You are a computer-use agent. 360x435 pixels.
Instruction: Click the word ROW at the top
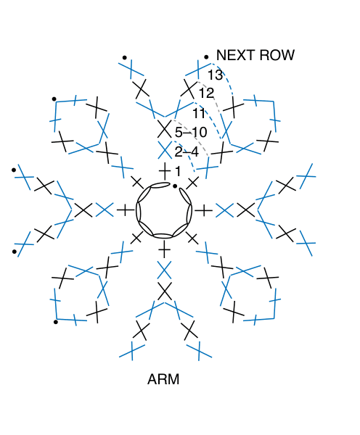277,55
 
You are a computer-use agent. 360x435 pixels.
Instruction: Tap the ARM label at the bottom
163,379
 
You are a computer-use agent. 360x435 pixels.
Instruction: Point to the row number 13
216,75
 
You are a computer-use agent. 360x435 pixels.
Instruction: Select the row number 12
206,94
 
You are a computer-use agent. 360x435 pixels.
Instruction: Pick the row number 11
199,113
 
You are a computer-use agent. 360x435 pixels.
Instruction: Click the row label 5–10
191,132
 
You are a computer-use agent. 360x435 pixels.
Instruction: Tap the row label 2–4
187,152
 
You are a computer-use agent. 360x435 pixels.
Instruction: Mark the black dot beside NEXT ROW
206,57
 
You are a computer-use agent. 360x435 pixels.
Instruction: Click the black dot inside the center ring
175,186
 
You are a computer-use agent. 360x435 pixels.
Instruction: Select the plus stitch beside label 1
165,171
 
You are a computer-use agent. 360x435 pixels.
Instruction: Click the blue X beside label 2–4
165,150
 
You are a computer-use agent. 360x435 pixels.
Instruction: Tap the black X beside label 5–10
164,129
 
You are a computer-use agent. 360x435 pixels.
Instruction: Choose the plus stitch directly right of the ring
204,210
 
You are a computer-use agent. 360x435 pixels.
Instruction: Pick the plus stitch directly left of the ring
126,210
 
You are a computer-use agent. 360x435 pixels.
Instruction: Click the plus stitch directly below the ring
164,249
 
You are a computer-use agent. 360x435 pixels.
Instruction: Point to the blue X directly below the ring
164,270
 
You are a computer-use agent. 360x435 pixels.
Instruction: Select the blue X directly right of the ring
225,210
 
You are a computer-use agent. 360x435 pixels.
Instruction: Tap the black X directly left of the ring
83,210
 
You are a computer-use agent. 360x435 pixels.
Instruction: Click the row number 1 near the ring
178,171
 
